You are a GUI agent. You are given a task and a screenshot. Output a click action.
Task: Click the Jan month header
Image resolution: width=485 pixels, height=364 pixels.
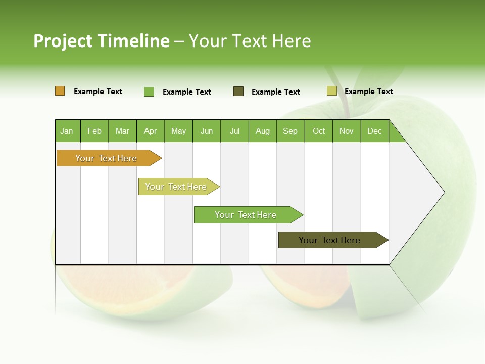point(67,131)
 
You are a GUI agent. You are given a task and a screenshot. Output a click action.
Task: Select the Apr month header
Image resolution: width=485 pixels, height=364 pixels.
point(151,131)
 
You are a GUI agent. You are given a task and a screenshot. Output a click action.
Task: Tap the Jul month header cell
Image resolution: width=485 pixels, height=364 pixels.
point(235,131)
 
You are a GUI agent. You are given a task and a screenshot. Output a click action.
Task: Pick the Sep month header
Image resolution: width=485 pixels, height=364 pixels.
point(290,131)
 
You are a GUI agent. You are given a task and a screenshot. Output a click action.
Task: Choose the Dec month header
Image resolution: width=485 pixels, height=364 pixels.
point(375,131)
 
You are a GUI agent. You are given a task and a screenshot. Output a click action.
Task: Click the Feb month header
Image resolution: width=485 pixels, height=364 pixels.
point(94,131)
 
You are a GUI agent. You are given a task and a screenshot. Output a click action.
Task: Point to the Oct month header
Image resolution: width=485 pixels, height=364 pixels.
point(319,131)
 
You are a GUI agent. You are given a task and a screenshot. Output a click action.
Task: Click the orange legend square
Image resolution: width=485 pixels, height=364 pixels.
point(60,91)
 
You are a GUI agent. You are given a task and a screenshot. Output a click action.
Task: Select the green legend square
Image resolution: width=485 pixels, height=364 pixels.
point(149,92)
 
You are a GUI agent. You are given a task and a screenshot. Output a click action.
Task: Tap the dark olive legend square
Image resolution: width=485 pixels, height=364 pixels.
point(238,92)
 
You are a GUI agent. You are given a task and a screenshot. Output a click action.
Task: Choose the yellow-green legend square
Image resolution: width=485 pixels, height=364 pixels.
point(332,91)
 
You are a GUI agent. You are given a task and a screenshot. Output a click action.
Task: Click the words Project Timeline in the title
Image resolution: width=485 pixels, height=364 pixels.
point(101,41)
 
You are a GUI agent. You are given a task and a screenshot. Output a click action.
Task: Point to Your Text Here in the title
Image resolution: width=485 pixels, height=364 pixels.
point(250,41)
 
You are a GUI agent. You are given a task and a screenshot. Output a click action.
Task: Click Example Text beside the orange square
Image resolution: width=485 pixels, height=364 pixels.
point(98,92)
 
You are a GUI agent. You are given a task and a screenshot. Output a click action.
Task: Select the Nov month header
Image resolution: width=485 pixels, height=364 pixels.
point(347,131)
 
